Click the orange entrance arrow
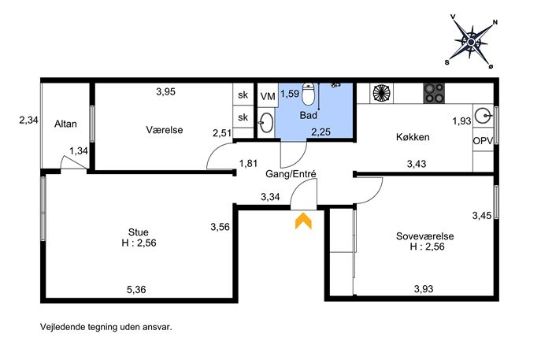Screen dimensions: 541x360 pos(303,221)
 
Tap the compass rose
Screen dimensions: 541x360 pos(472,42)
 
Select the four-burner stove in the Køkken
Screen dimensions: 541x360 pos(434,93)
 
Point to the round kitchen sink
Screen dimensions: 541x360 pos(483,115)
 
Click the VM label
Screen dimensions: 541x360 pos(268,96)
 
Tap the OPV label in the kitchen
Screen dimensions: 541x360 pos(483,141)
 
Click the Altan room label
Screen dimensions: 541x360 pos(65,124)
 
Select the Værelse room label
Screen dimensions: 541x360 pos(165,130)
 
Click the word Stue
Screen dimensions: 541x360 pos(139,232)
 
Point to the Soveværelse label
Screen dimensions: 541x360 pos(424,236)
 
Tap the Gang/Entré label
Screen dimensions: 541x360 pos(291,174)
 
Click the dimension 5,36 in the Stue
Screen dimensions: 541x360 pos(136,290)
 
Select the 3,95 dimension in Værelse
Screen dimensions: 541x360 pos(165,91)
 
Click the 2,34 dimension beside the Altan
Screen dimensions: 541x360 pos(28,120)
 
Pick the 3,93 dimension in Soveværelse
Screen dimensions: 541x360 pos(424,288)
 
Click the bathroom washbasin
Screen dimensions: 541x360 pos(266,122)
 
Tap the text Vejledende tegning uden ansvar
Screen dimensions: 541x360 pos(106,327)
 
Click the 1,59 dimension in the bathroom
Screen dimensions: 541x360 pos(290,94)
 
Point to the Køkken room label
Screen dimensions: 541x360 pos(413,137)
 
